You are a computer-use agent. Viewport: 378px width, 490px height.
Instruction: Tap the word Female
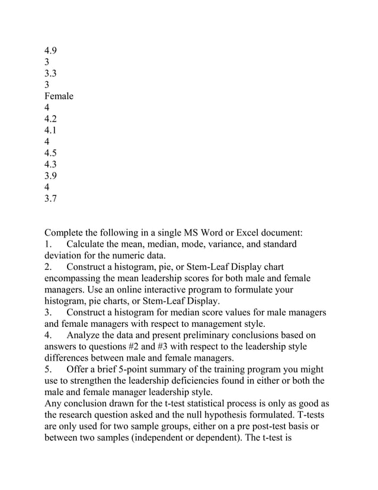59,96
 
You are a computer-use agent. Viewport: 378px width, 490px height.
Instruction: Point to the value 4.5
52,152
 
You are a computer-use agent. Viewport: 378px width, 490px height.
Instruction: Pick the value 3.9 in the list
52,176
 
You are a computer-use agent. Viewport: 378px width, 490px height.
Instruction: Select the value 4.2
52,119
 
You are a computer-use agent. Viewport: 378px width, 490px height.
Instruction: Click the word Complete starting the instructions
67,233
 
